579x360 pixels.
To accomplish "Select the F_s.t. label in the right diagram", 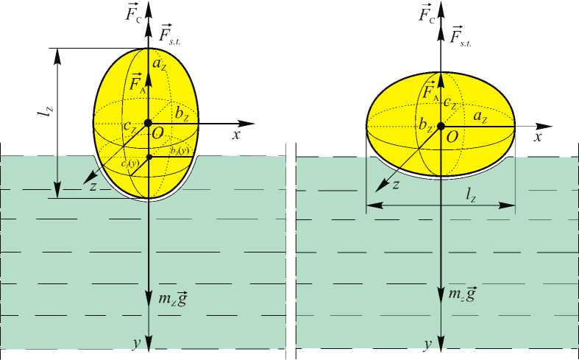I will (460, 35).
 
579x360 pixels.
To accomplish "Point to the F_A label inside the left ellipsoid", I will (137, 83).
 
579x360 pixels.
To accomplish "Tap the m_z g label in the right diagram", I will (462, 294).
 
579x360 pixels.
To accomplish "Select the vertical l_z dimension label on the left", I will (49, 113).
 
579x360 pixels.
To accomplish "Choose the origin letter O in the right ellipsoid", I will (453, 137).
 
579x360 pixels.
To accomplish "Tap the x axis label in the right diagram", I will (539, 137).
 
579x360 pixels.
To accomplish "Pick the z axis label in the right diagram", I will (395, 185).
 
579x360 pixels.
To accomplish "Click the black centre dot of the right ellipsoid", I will (441, 126).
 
